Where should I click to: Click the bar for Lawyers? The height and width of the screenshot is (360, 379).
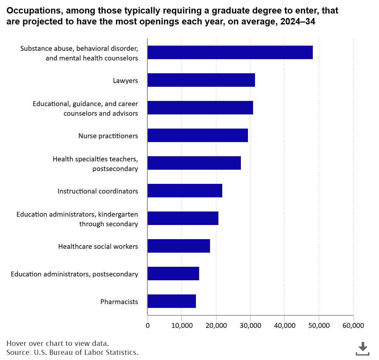201,80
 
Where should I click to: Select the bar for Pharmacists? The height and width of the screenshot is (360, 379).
172,301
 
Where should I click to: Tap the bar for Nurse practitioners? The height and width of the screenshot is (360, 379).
198,135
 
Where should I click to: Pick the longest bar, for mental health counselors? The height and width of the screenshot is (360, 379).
230,52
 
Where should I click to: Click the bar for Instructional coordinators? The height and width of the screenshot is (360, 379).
185,191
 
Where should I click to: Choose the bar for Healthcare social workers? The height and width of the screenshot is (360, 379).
179,246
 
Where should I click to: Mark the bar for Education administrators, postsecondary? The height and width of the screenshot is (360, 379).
173,274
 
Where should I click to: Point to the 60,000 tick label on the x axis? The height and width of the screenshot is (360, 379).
353,326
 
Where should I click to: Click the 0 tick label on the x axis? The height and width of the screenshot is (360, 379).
147,326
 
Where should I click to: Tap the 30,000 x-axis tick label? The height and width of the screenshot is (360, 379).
250,326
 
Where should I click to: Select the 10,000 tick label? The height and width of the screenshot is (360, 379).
181,326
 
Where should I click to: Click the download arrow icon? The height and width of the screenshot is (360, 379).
363,348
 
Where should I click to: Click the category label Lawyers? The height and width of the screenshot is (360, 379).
125,80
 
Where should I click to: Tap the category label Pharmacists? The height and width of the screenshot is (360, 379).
119,301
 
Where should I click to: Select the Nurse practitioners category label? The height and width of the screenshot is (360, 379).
108,136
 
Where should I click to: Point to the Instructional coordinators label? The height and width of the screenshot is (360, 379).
98,191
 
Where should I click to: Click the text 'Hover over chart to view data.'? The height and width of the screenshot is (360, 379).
57,343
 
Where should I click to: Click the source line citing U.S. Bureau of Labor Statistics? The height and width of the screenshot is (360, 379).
72,352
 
